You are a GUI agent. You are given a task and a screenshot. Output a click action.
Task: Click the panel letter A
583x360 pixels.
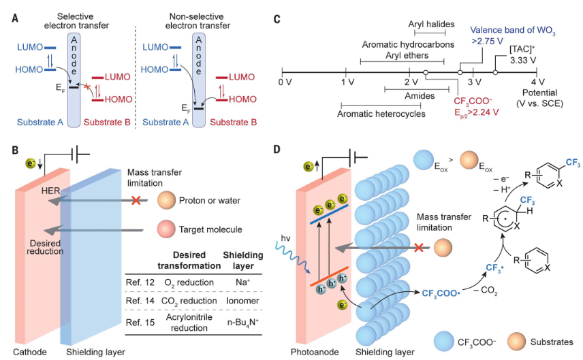15,18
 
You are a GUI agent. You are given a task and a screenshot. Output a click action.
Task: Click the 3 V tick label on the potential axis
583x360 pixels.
475,82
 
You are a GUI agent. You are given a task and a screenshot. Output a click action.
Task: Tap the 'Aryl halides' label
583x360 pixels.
431,24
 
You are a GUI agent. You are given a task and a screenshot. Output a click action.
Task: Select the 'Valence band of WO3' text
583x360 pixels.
513,31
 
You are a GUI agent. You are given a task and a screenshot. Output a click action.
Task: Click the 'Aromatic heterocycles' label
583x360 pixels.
381,114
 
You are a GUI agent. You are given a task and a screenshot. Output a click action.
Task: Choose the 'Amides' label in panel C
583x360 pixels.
420,96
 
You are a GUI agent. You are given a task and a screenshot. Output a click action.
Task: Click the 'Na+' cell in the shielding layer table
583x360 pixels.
242,282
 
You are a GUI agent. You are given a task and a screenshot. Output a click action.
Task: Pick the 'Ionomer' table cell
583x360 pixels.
242,300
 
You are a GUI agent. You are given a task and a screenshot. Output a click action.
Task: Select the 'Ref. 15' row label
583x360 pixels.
140,322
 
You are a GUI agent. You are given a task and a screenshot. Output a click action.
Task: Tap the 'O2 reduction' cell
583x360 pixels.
189,282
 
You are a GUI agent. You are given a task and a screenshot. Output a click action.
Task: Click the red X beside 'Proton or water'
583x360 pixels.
136,200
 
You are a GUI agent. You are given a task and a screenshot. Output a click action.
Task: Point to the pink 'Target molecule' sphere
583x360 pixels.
166,229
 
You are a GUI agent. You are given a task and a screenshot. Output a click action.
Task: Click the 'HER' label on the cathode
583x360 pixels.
50,191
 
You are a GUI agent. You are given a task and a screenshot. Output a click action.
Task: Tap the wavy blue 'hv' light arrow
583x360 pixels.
293,257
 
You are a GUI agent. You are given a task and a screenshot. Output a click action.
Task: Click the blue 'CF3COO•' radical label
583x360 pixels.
441,294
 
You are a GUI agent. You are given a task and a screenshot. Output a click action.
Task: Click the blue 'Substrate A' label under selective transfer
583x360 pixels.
40,122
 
